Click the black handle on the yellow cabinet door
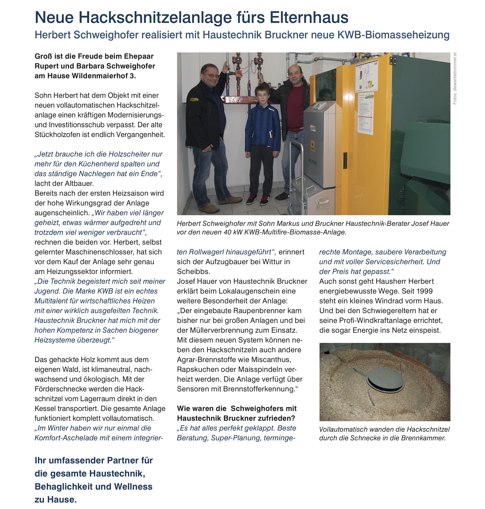[x=345, y=160]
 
